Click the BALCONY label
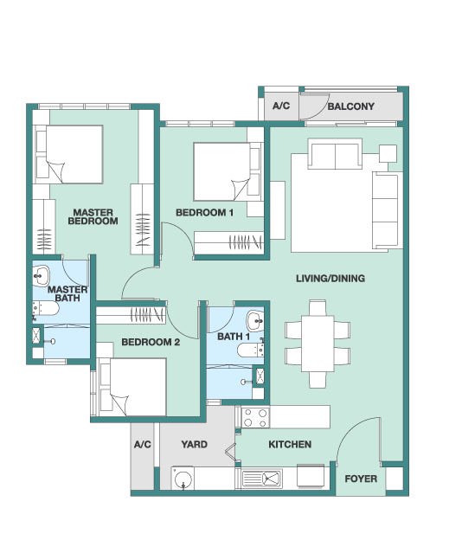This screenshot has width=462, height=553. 351,106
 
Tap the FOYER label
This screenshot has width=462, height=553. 361,479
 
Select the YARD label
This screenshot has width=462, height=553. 195,444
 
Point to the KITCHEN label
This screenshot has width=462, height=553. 290,444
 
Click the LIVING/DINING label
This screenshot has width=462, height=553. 330,279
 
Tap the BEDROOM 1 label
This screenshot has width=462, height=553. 204,212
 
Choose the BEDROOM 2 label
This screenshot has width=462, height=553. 151,342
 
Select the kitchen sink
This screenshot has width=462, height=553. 261,479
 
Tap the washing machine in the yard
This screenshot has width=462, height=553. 183,479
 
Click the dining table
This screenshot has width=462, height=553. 318,344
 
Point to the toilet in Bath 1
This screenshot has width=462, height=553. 251,350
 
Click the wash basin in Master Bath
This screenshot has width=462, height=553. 41,275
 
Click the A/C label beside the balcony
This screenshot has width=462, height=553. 281,106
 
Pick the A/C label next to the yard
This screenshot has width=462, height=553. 143,444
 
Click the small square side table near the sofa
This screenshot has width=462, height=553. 388,153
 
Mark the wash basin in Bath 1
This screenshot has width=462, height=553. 254,320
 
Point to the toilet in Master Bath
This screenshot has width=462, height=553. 46,308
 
